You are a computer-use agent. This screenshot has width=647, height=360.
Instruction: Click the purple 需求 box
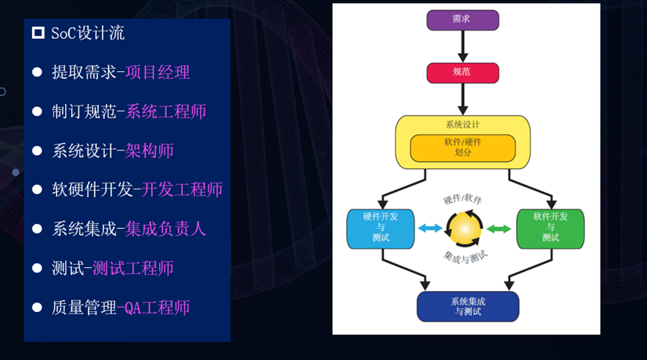click(462, 19)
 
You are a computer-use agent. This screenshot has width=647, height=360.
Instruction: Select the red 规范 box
click(462, 73)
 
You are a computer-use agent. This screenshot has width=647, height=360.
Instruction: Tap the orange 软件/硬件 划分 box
click(462, 147)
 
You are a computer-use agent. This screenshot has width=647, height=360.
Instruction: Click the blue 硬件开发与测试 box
click(380, 228)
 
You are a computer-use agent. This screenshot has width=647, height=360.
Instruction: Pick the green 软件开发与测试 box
click(550, 228)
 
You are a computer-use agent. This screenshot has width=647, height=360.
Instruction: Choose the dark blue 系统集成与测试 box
click(467, 306)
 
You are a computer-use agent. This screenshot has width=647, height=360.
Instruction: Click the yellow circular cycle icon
click(464, 228)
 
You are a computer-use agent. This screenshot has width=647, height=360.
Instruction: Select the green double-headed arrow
click(499, 228)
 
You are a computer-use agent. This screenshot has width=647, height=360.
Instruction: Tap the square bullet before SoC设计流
click(38, 33)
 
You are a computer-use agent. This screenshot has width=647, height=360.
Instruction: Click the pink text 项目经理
click(158, 73)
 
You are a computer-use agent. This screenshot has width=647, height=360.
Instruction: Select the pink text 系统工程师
click(166, 112)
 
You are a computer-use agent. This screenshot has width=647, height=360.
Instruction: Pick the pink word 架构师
click(150, 150)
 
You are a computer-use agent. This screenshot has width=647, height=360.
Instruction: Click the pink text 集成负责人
click(166, 229)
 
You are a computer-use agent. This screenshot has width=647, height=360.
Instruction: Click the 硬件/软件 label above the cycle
click(462, 199)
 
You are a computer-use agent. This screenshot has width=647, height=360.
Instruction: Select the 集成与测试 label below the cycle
click(465, 257)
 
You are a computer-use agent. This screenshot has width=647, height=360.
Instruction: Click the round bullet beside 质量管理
click(37, 307)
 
